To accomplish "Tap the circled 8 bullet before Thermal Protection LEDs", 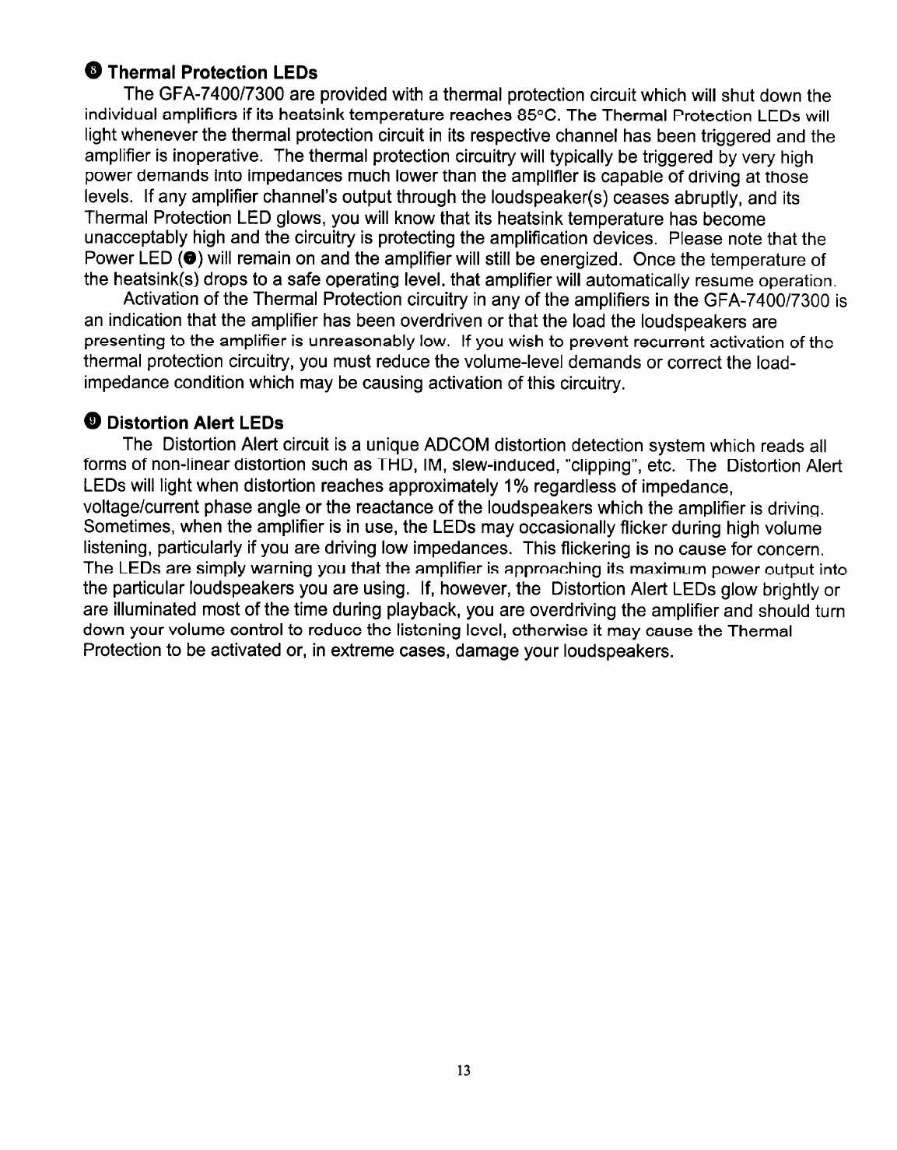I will [93, 72].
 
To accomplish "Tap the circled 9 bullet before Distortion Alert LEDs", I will [93, 422].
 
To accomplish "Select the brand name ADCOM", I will [454, 446].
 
